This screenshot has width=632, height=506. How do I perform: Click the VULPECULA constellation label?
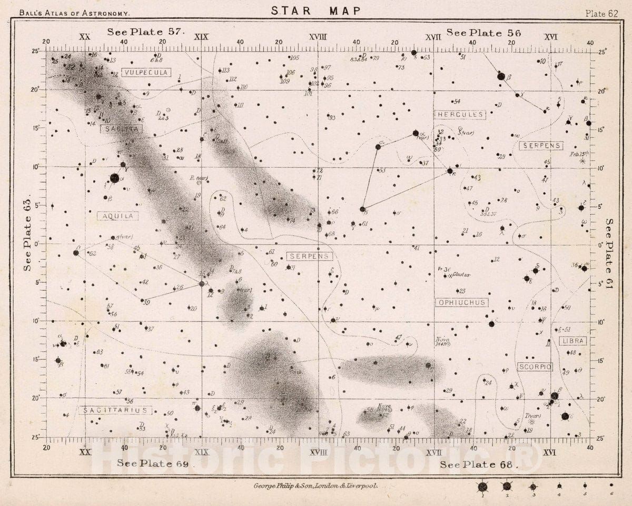pos(146,72)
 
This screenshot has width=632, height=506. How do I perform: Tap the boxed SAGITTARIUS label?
pos(116,410)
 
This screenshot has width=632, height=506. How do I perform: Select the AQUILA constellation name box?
pos(118,216)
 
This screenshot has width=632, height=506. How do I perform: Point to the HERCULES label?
pos(460,114)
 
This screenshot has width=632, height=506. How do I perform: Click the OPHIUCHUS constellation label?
pos(461,302)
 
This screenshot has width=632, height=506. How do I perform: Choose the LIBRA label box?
pos(572,341)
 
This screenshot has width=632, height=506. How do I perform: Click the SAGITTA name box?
pos(114,128)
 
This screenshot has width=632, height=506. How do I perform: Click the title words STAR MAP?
pos(316,10)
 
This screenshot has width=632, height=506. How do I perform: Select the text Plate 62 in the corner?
pos(601,14)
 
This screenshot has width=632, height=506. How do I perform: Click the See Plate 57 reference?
pos(146,32)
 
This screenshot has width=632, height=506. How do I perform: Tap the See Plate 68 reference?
pos(478,464)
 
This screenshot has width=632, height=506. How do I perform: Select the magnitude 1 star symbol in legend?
pos(482,487)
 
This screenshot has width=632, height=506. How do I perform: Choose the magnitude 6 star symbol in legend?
pos(611,485)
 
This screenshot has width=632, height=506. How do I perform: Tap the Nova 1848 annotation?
pos(442,341)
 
